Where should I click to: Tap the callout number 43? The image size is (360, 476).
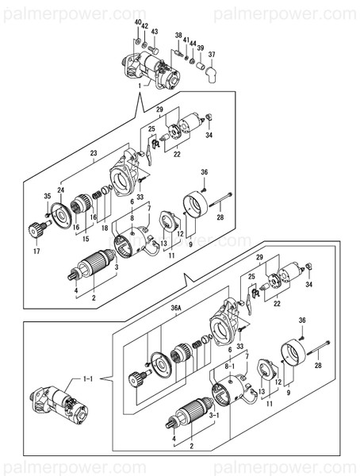pyautogui.click(x=155, y=32)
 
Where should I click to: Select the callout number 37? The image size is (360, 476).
pyautogui.click(x=212, y=54)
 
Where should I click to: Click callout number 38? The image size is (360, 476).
pyautogui.click(x=178, y=36)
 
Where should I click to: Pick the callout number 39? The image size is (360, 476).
pyautogui.click(x=201, y=48)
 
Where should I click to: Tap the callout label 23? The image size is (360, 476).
pyautogui.click(x=93, y=152)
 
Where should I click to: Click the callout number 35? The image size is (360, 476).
pyautogui.click(x=48, y=195)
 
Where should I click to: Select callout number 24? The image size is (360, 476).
pyautogui.click(x=60, y=190)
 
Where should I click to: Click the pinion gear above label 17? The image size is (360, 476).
pyautogui.click(x=36, y=231)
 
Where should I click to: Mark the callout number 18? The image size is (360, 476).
pyautogui.click(x=104, y=228)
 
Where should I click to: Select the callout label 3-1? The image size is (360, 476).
pyautogui.click(x=213, y=414)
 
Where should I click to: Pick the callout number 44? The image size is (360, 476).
pyautogui.click(x=193, y=43)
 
